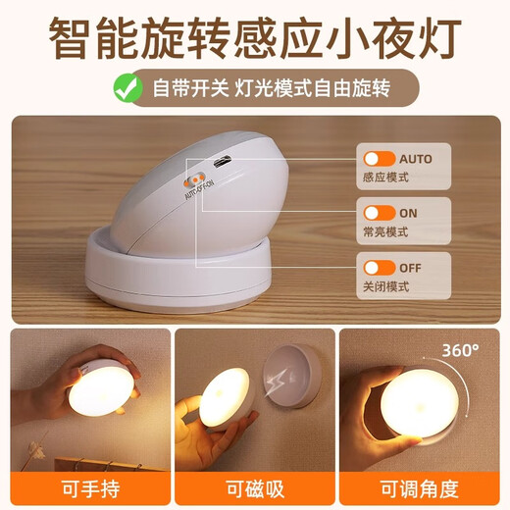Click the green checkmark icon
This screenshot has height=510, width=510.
(124, 88)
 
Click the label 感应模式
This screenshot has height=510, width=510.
(385, 179)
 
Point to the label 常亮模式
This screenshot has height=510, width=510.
(385, 233)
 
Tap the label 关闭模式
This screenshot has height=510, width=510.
(385, 287)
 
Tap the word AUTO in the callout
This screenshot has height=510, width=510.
(416, 159)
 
